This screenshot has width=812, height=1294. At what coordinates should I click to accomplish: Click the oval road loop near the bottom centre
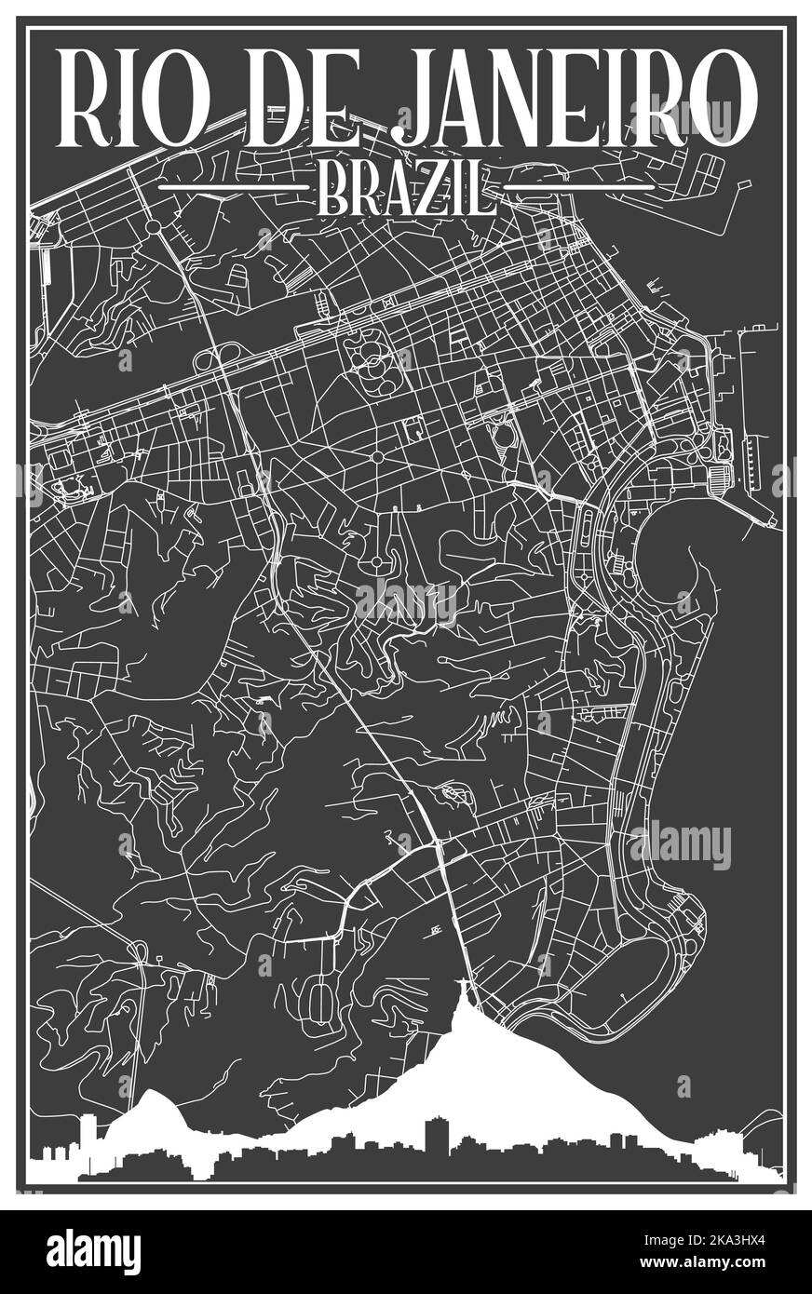coord(321,1001)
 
